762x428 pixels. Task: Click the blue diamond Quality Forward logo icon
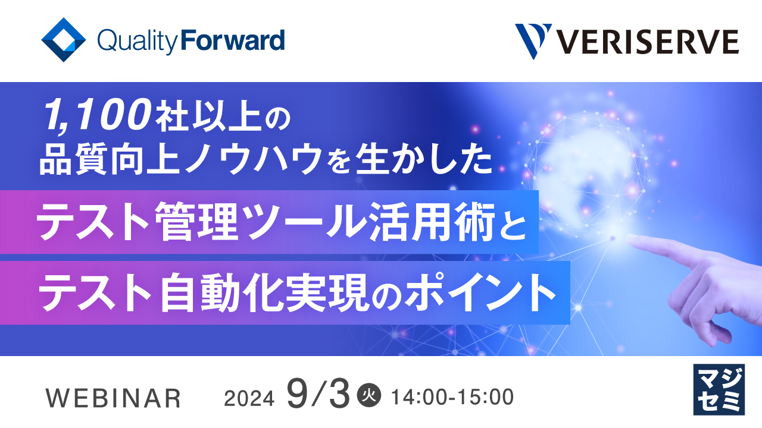[64, 40]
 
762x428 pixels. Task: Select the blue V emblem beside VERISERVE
[532, 41]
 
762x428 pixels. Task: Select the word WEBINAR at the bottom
[114, 398]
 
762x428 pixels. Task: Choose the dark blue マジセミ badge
[719, 389]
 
